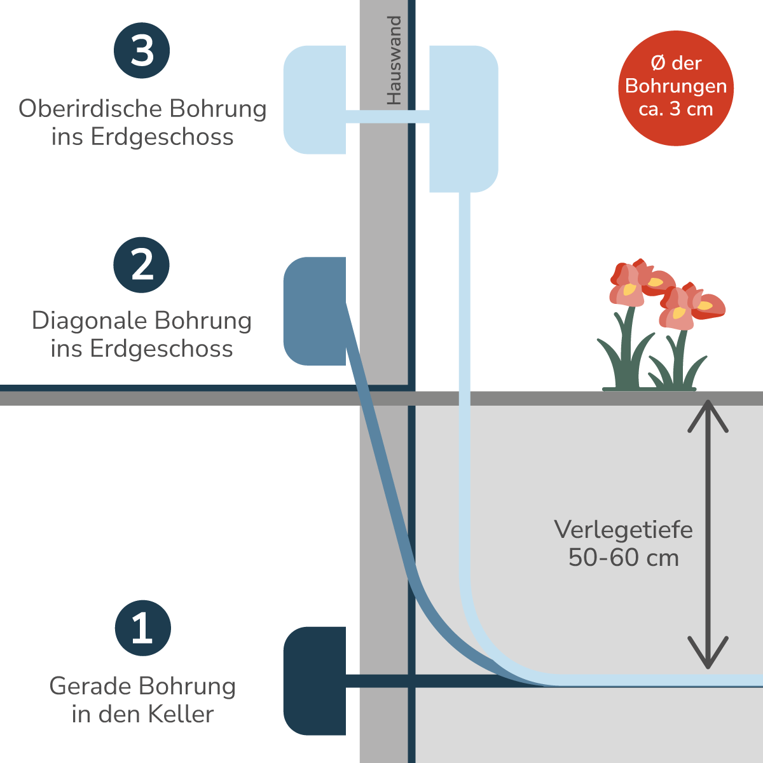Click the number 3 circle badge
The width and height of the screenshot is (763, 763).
tap(142, 51)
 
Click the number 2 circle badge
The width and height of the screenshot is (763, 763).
tap(142, 265)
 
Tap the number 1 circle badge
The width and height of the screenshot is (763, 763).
tap(143, 628)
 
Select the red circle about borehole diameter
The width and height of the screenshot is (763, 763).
tap(676, 88)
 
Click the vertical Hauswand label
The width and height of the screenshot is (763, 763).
tap(395, 60)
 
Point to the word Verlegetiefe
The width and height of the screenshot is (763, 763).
tap(623, 530)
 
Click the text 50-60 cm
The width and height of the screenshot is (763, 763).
tap(623, 558)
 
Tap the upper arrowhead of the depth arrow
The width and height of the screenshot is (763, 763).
tap(708, 413)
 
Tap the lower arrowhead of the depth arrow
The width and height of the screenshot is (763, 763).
tap(708, 655)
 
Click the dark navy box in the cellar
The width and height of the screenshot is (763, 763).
tap(315, 680)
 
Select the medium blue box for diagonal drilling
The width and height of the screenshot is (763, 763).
tap(315, 311)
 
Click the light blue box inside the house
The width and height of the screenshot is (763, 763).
tap(315, 99)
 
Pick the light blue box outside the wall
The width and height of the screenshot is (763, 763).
tap(464, 118)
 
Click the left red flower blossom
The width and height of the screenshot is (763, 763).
tap(636, 282)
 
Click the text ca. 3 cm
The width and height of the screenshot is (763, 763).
tap(676, 109)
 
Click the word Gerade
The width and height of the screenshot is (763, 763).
tap(90, 686)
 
